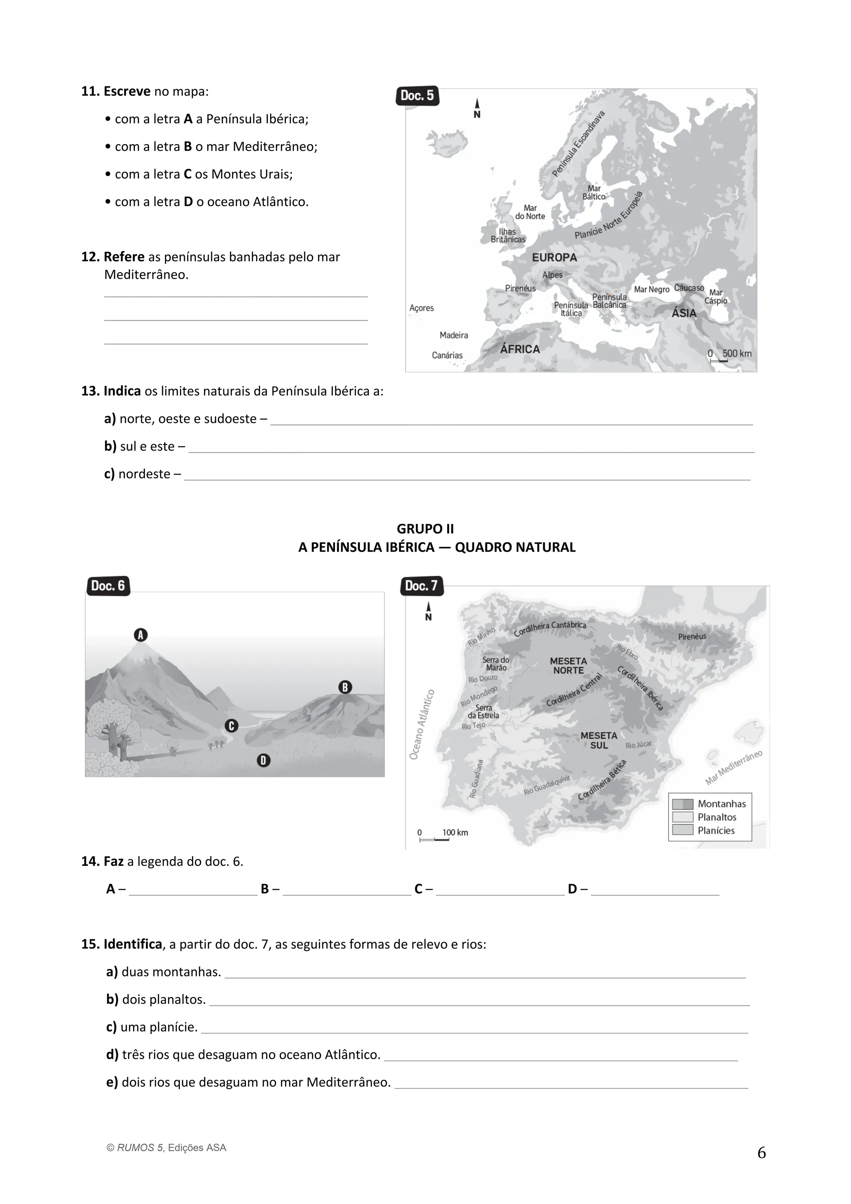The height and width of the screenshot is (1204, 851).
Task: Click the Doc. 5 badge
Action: [417, 96]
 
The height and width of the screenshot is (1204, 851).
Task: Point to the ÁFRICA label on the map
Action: [520, 349]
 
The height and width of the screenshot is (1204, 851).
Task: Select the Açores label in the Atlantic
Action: [422, 308]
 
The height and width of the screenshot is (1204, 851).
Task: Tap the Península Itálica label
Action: [571, 310]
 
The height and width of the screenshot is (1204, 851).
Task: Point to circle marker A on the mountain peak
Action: [140, 635]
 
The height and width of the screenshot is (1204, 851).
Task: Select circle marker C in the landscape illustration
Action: [231, 726]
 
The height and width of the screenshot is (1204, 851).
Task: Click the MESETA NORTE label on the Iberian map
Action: [568, 666]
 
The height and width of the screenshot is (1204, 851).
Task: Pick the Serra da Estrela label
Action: [483, 712]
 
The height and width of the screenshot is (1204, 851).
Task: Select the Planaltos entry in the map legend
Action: [716, 817]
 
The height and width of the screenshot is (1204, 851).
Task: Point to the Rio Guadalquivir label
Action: [546, 785]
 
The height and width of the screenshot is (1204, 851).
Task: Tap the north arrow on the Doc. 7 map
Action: [428, 610]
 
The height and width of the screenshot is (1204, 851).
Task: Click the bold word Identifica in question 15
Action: [133, 944]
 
